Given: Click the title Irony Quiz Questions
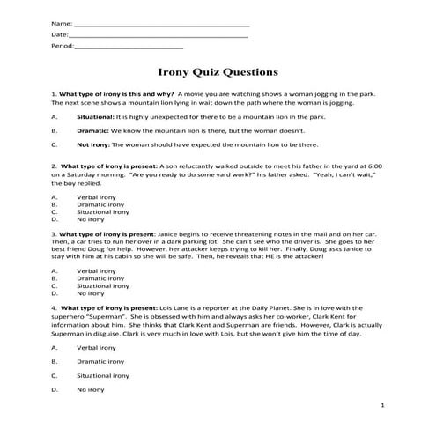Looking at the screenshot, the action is coord(218,72).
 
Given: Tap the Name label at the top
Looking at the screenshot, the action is coord(63,21).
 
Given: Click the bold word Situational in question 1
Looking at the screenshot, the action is coord(95,116).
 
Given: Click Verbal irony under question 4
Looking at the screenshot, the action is coord(96,348).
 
